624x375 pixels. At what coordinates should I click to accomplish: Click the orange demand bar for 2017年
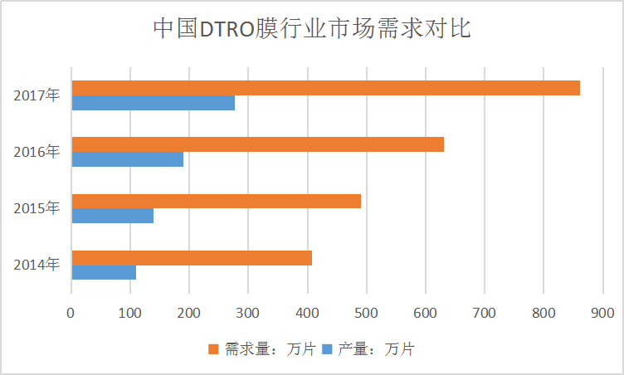325,88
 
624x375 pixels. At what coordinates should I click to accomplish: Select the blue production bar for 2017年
154,103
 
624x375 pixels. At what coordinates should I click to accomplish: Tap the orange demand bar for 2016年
257,144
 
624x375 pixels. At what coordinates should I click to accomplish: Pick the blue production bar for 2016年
128,159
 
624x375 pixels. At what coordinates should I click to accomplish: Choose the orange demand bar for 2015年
216,201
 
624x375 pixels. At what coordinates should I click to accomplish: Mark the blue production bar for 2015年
113,216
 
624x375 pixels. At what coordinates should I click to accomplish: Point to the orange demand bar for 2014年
192,257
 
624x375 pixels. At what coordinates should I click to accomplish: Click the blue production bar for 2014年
104,272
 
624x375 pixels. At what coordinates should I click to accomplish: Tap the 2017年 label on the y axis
37,95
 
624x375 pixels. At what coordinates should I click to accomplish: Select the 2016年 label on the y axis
37,152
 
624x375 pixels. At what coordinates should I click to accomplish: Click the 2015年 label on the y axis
37,208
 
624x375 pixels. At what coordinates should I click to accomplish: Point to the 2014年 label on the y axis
37,265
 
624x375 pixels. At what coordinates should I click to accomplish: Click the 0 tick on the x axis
71,313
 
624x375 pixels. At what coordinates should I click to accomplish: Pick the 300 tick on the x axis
248,313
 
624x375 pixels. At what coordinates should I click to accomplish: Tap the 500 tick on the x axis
366,313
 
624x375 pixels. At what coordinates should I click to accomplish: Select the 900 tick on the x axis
602,313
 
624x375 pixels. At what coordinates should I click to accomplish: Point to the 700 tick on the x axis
484,313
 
